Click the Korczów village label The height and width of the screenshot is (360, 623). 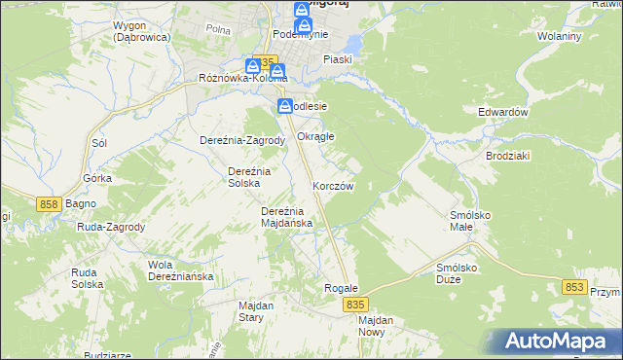[333, 185]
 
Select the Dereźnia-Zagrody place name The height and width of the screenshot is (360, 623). [241, 140]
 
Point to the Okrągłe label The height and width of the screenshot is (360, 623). [315, 136]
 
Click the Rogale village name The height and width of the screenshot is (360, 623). [342, 288]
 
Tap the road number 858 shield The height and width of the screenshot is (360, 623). [52, 203]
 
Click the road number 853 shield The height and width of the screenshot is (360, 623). [575, 287]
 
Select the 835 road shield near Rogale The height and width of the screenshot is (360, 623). [355, 305]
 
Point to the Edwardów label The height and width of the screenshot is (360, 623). [502, 112]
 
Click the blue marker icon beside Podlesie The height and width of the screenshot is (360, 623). [284, 106]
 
